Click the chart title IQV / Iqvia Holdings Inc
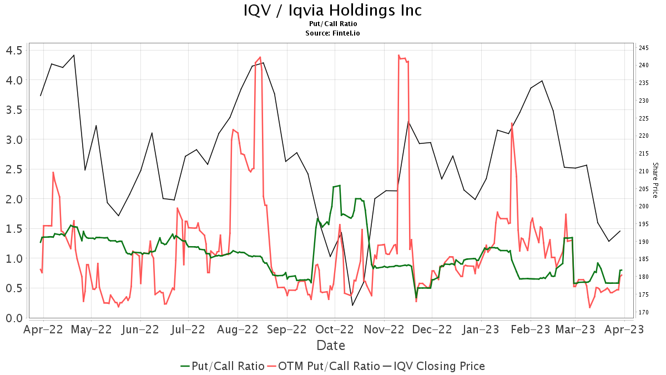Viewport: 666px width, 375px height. click(x=332, y=11)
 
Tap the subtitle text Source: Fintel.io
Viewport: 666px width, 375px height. click(x=332, y=33)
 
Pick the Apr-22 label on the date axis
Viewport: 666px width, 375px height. click(x=43, y=329)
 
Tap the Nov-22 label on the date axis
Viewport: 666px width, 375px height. click(x=384, y=329)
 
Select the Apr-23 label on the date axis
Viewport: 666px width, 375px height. click(x=624, y=329)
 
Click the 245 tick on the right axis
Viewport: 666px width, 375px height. click(x=644, y=48)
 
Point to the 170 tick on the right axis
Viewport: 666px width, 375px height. click(x=644, y=312)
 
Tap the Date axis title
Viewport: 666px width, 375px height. click(x=331, y=346)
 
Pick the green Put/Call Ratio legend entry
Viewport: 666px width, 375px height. click(x=222, y=366)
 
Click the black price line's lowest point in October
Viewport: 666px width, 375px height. click(x=352, y=306)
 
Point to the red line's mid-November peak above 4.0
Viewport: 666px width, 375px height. click(x=399, y=56)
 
